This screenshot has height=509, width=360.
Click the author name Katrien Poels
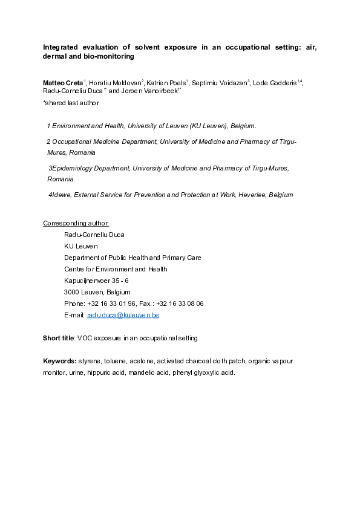coord(167,82)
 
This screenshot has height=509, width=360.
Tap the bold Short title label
coord(58,338)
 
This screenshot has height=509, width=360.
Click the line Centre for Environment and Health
coord(116,269)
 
